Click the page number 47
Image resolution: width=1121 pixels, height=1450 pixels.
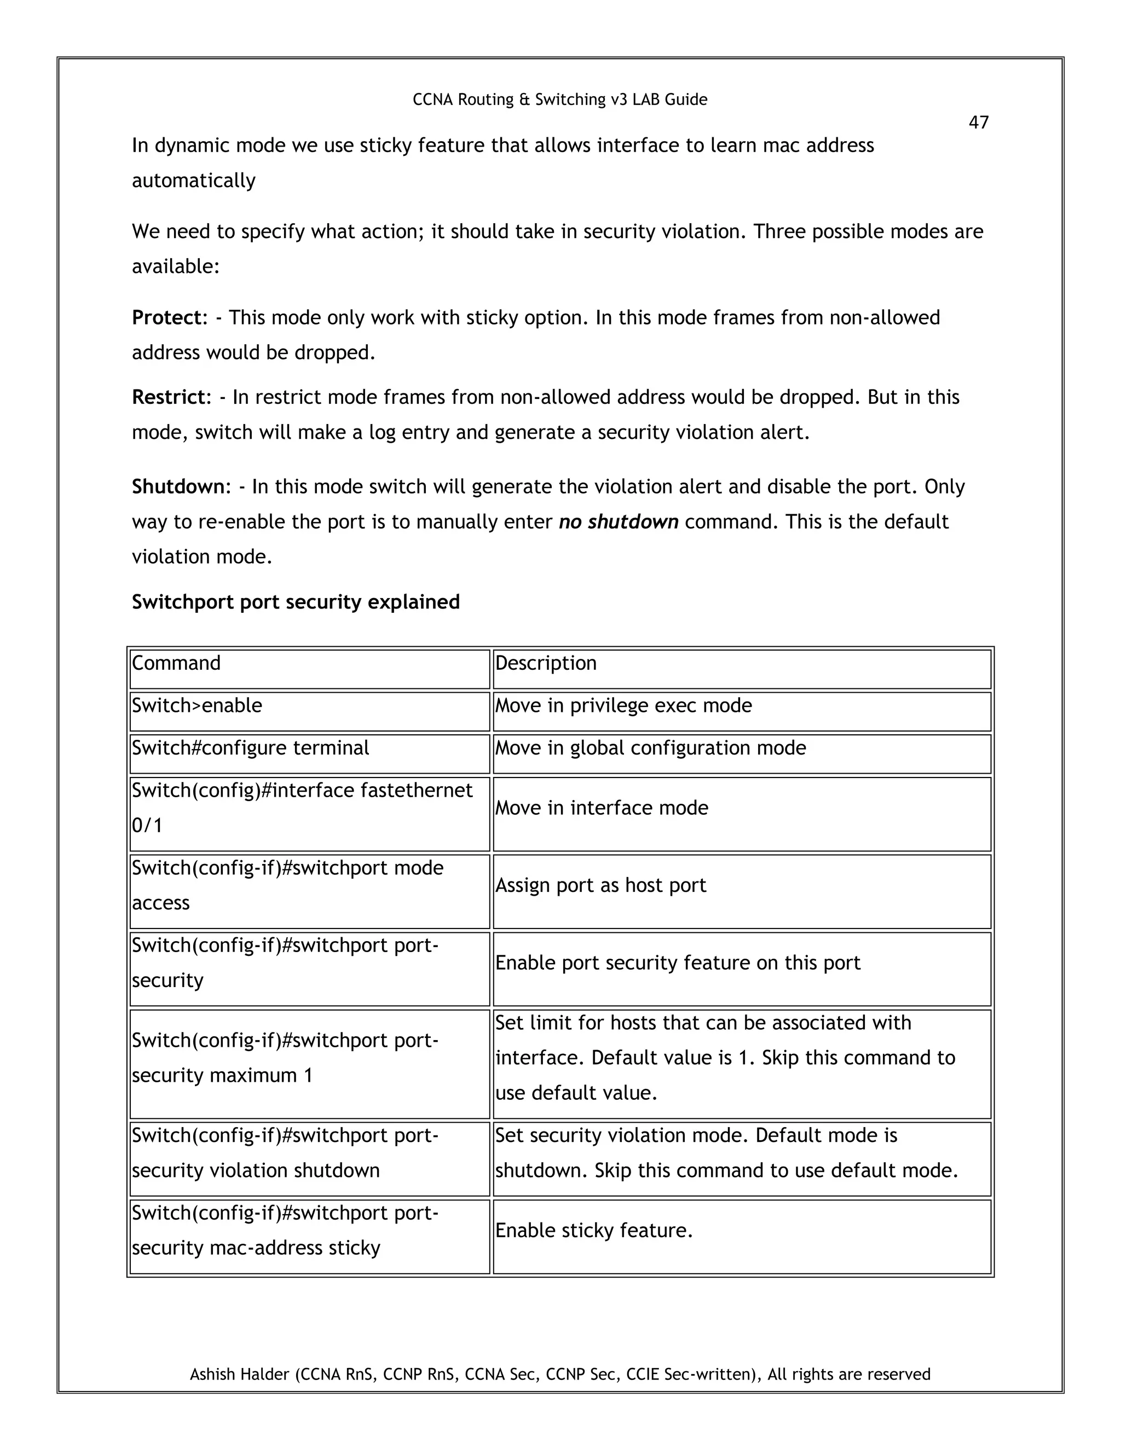pos(978,123)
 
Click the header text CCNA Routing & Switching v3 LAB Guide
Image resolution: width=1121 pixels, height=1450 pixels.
pos(560,100)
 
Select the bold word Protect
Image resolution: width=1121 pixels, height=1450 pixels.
pos(166,317)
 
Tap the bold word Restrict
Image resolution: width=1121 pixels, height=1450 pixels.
pos(169,397)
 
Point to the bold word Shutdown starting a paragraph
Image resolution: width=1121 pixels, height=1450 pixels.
pos(178,486)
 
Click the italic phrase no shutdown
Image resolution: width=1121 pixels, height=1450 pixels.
pos(619,522)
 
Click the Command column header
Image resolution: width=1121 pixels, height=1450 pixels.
pos(176,663)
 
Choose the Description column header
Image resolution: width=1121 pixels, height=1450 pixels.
pos(545,663)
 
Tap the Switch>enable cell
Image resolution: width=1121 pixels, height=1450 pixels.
pos(197,705)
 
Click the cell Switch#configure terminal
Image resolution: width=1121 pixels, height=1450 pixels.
pos(250,747)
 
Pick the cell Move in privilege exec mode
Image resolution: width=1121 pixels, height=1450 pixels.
pos(623,705)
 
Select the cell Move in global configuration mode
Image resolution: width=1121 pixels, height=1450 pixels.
pos(650,747)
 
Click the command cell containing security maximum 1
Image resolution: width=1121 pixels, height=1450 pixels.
pos(286,1058)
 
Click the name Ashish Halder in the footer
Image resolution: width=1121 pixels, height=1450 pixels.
pos(240,1374)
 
